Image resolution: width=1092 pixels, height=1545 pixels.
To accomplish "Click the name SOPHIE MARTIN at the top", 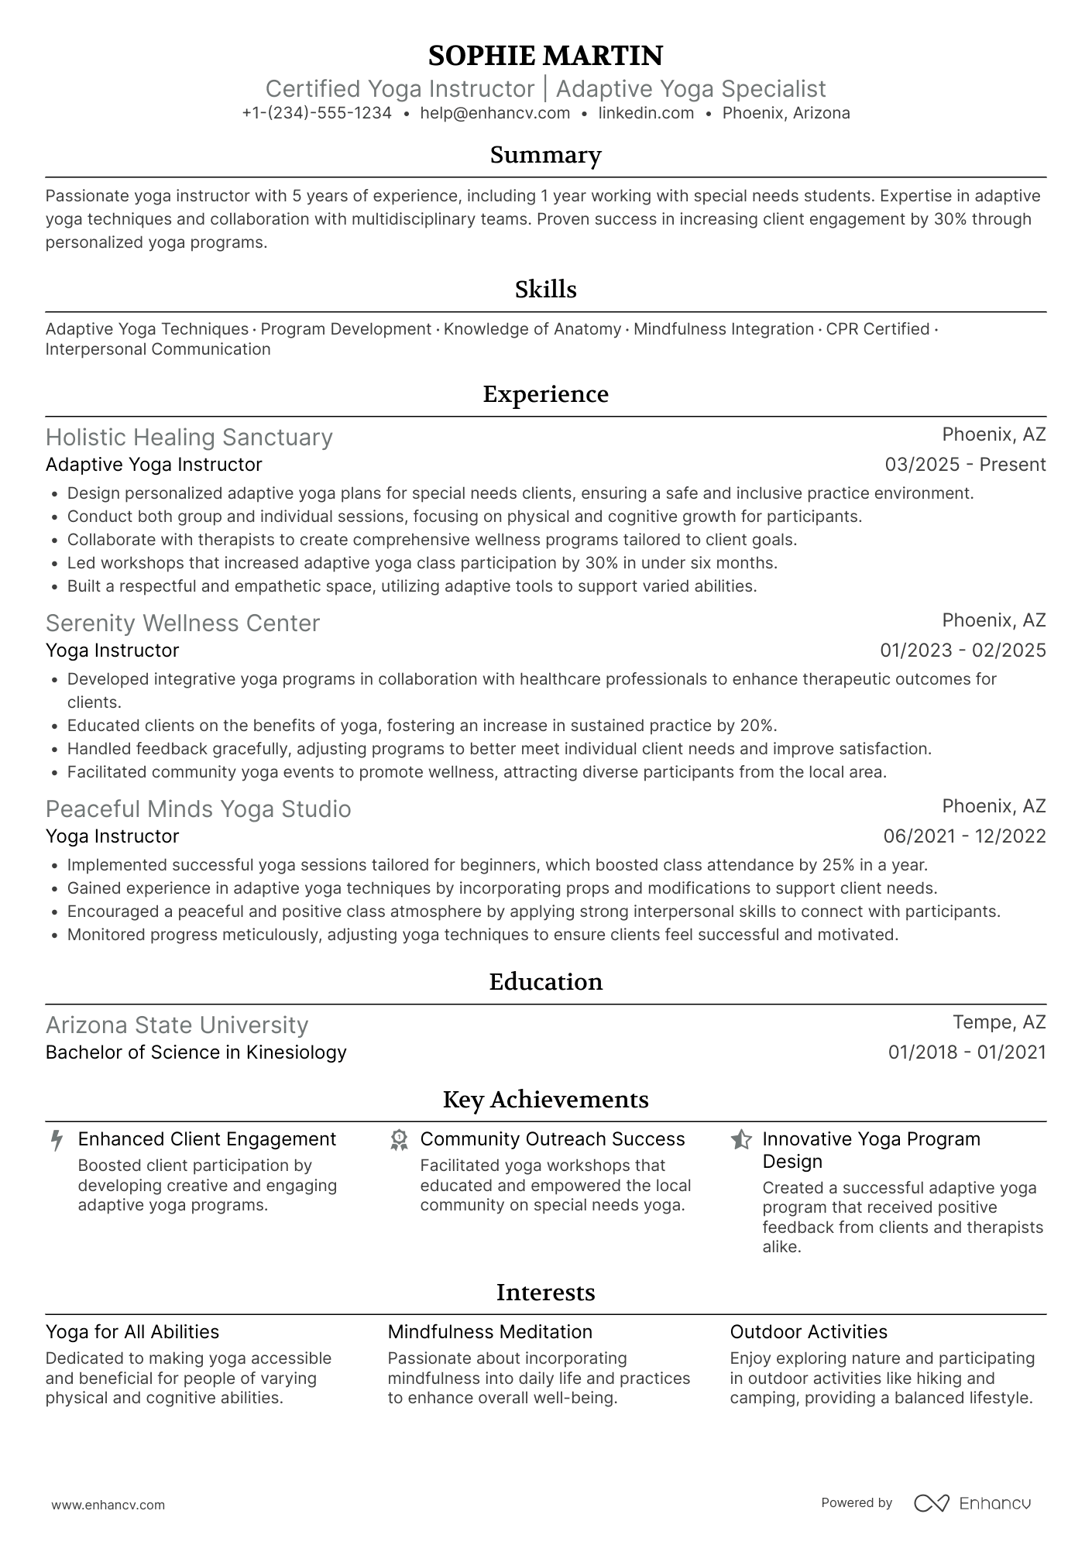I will (x=545, y=56).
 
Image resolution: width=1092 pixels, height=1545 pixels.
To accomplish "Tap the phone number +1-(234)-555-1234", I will (x=317, y=113).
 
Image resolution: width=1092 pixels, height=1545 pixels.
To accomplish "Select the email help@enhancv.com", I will (x=495, y=113).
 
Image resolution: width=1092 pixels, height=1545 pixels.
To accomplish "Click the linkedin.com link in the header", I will (x=646, y=113).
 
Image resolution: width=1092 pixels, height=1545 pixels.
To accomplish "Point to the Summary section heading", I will (x=545, y=155).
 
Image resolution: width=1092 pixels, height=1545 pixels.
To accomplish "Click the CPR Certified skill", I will (x=877, y=329).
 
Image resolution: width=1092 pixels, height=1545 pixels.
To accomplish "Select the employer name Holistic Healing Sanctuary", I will (x=189, y=438).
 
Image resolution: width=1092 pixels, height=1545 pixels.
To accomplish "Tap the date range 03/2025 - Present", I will (x=965, y=465).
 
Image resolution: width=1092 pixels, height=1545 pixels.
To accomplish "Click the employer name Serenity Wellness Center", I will (x=183, y=623).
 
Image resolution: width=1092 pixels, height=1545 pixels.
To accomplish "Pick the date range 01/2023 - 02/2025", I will (x=963, y=651).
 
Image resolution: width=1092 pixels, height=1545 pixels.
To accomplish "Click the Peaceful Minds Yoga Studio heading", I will (x=198, y=809).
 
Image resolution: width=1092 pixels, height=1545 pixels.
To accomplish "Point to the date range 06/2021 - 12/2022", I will (x=964, y=836).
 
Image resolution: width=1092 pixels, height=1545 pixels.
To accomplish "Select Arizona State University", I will (x=177, y=1025).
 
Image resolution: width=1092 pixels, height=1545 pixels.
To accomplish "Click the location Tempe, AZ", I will (x=999, y=1022).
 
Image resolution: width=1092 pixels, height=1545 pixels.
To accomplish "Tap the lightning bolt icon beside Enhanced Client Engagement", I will (x=57, y=1140).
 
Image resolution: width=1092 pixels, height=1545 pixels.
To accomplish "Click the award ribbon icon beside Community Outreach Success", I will (x=399, y=1140).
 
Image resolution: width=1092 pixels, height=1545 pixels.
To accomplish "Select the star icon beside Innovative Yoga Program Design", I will (x=741, y=1140).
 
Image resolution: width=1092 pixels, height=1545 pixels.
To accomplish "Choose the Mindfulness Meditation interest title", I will (x=489, y=1332).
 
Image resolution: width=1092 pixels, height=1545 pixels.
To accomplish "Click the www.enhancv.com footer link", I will (x=108, y=1506).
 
